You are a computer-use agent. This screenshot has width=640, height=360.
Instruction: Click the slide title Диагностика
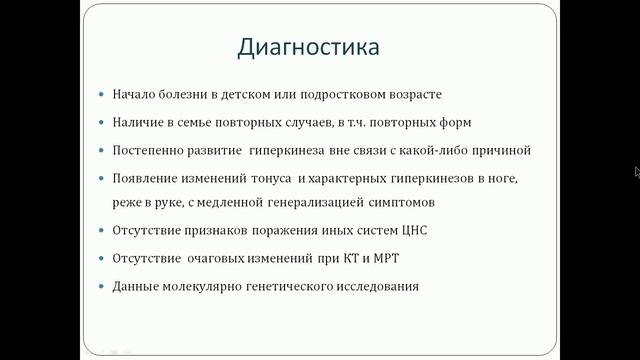click(309, 47)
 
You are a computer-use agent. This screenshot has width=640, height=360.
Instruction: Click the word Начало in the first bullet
click(134, 95)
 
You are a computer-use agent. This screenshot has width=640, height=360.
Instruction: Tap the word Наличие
click(137, 122)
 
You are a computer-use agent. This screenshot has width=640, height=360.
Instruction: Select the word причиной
click(497, 150)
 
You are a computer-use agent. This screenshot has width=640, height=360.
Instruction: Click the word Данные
click(135, 286)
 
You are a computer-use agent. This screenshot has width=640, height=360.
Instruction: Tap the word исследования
click(370, 286)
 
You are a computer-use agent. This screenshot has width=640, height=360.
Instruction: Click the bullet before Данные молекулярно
click(102, 287)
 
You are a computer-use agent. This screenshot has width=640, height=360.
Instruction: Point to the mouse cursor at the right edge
click(637, 171)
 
